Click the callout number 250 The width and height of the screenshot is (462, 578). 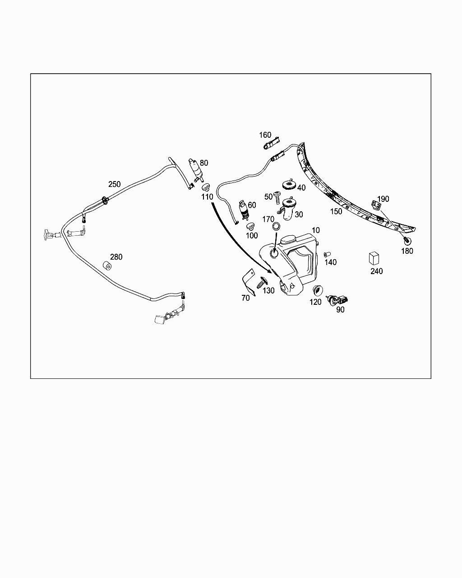[x=114, y=184]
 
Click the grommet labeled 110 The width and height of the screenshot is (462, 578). [x=206, y=187]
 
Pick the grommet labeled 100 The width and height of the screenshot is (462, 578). [x=250, y=225]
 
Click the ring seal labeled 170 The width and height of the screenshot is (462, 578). [x=277, y=226]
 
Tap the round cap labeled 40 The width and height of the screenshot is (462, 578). [x=288, y=184]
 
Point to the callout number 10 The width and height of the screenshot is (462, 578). [x=316, y=230]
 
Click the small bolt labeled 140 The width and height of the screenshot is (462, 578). [x=328, y=254]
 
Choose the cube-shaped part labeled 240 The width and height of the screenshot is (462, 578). [x=374, y=258]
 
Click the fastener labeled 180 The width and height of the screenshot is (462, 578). [x=407, y=240]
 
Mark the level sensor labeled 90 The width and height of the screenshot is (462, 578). [x=339, y=299]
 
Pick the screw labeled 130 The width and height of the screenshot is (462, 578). [x=260, y=285]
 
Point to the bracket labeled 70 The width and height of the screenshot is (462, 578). [x=247, y=283]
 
